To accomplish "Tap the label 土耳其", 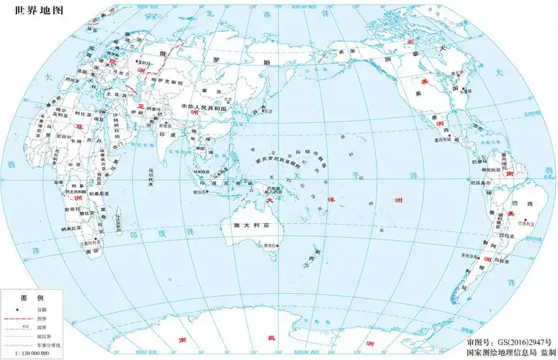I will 112,94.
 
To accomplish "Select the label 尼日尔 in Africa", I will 64,135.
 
